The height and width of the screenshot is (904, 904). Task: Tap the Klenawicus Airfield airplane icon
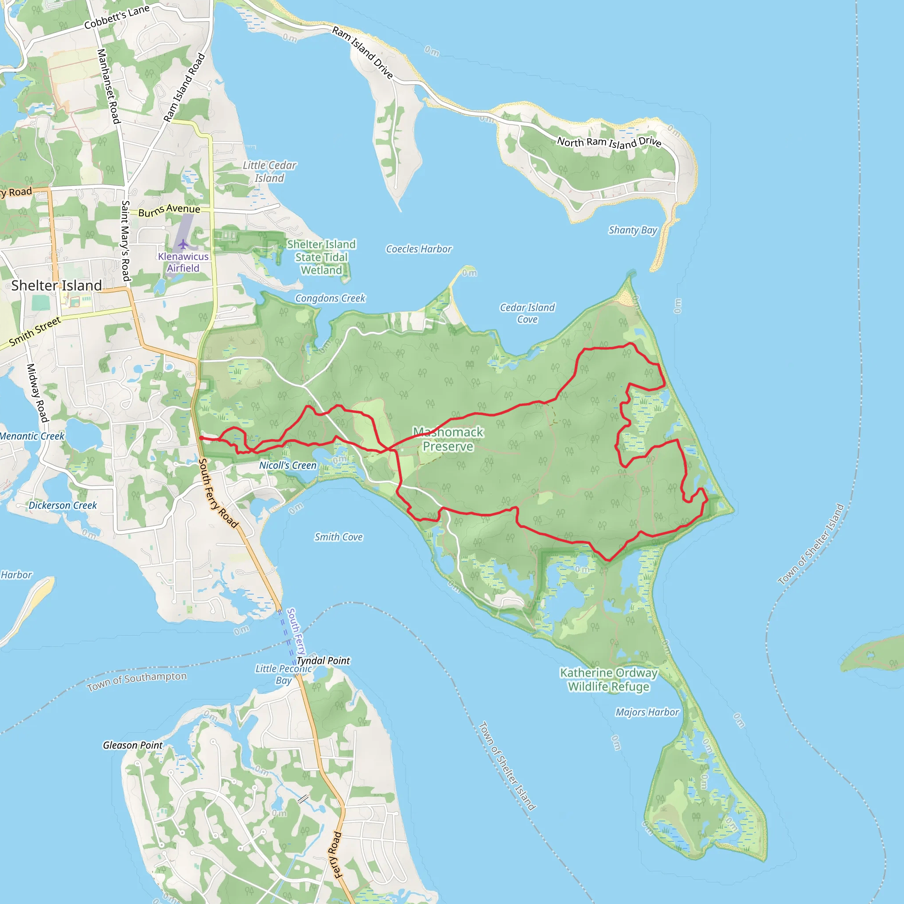tap(183, 244)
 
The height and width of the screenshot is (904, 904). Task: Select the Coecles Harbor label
tap(419, 249)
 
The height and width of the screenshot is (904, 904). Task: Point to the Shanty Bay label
tap(633, 230)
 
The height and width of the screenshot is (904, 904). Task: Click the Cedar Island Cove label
tap(527, 313)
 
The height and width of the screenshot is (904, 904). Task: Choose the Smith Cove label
tap(338, 537)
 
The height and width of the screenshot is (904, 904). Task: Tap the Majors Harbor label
tap(647, 712)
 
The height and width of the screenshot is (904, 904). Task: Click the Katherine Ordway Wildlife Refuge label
tap(608, 679)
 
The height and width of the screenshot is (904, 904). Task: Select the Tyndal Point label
tap(323, 660)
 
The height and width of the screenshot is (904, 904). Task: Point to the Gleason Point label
tap(132, 745)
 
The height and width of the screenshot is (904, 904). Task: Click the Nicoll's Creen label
tap(288, 465)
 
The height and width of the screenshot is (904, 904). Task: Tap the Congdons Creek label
tap(330, 298)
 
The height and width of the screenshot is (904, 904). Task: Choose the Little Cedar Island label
tap(270, 171)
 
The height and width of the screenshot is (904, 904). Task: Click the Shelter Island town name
tap(56, 285)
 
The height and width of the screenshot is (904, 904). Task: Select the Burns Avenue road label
tap(169, 210)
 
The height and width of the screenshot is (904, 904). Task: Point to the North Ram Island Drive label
tap(609, 142)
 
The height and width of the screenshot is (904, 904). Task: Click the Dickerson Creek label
tap(63, 505)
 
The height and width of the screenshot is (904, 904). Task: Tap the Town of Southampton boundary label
tap(137, 681)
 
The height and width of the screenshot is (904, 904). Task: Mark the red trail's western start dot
tap(201, 438)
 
